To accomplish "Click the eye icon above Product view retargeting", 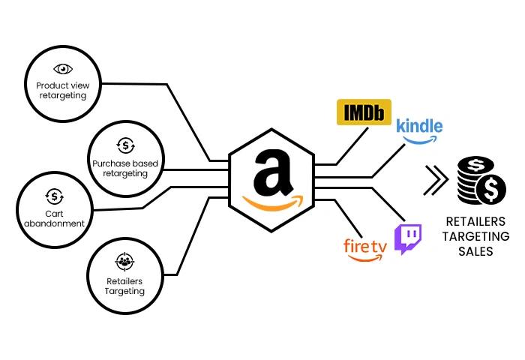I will pos(63,69).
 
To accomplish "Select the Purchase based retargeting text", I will pos(124,168).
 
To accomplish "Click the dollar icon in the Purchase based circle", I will pos(124,145).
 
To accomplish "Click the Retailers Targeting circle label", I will pos(124,286).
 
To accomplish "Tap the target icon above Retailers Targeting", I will pos(124,262).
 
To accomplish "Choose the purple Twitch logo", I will pos(408,239).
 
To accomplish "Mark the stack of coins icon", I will pos(478,181).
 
